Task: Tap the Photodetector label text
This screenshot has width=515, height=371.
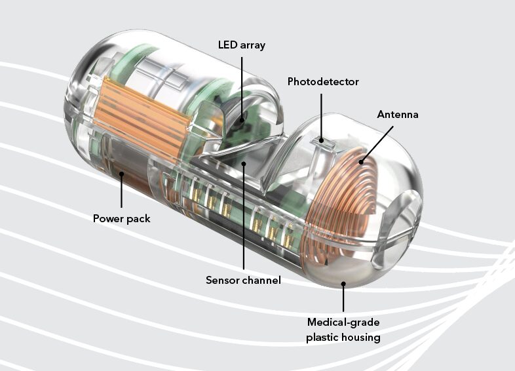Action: coord(323,81)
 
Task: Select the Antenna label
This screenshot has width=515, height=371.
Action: coord(397,114)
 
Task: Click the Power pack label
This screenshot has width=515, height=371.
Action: coord(121,218)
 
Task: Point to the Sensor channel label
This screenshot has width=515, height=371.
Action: coord(243,280)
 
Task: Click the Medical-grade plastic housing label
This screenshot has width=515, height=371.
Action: coord(344,330)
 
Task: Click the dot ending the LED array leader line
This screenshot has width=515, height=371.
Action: coord(243,119)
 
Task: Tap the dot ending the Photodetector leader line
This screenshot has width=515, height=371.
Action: coord(322,139)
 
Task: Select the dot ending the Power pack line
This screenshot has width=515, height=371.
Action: coord(121,174)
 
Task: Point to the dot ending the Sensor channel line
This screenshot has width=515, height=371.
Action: coord(243,164)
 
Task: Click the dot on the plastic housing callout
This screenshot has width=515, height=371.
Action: coord(344,284)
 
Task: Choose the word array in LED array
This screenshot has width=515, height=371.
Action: coord(256,45)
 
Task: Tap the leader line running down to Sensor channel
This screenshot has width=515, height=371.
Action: coord(243,223)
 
